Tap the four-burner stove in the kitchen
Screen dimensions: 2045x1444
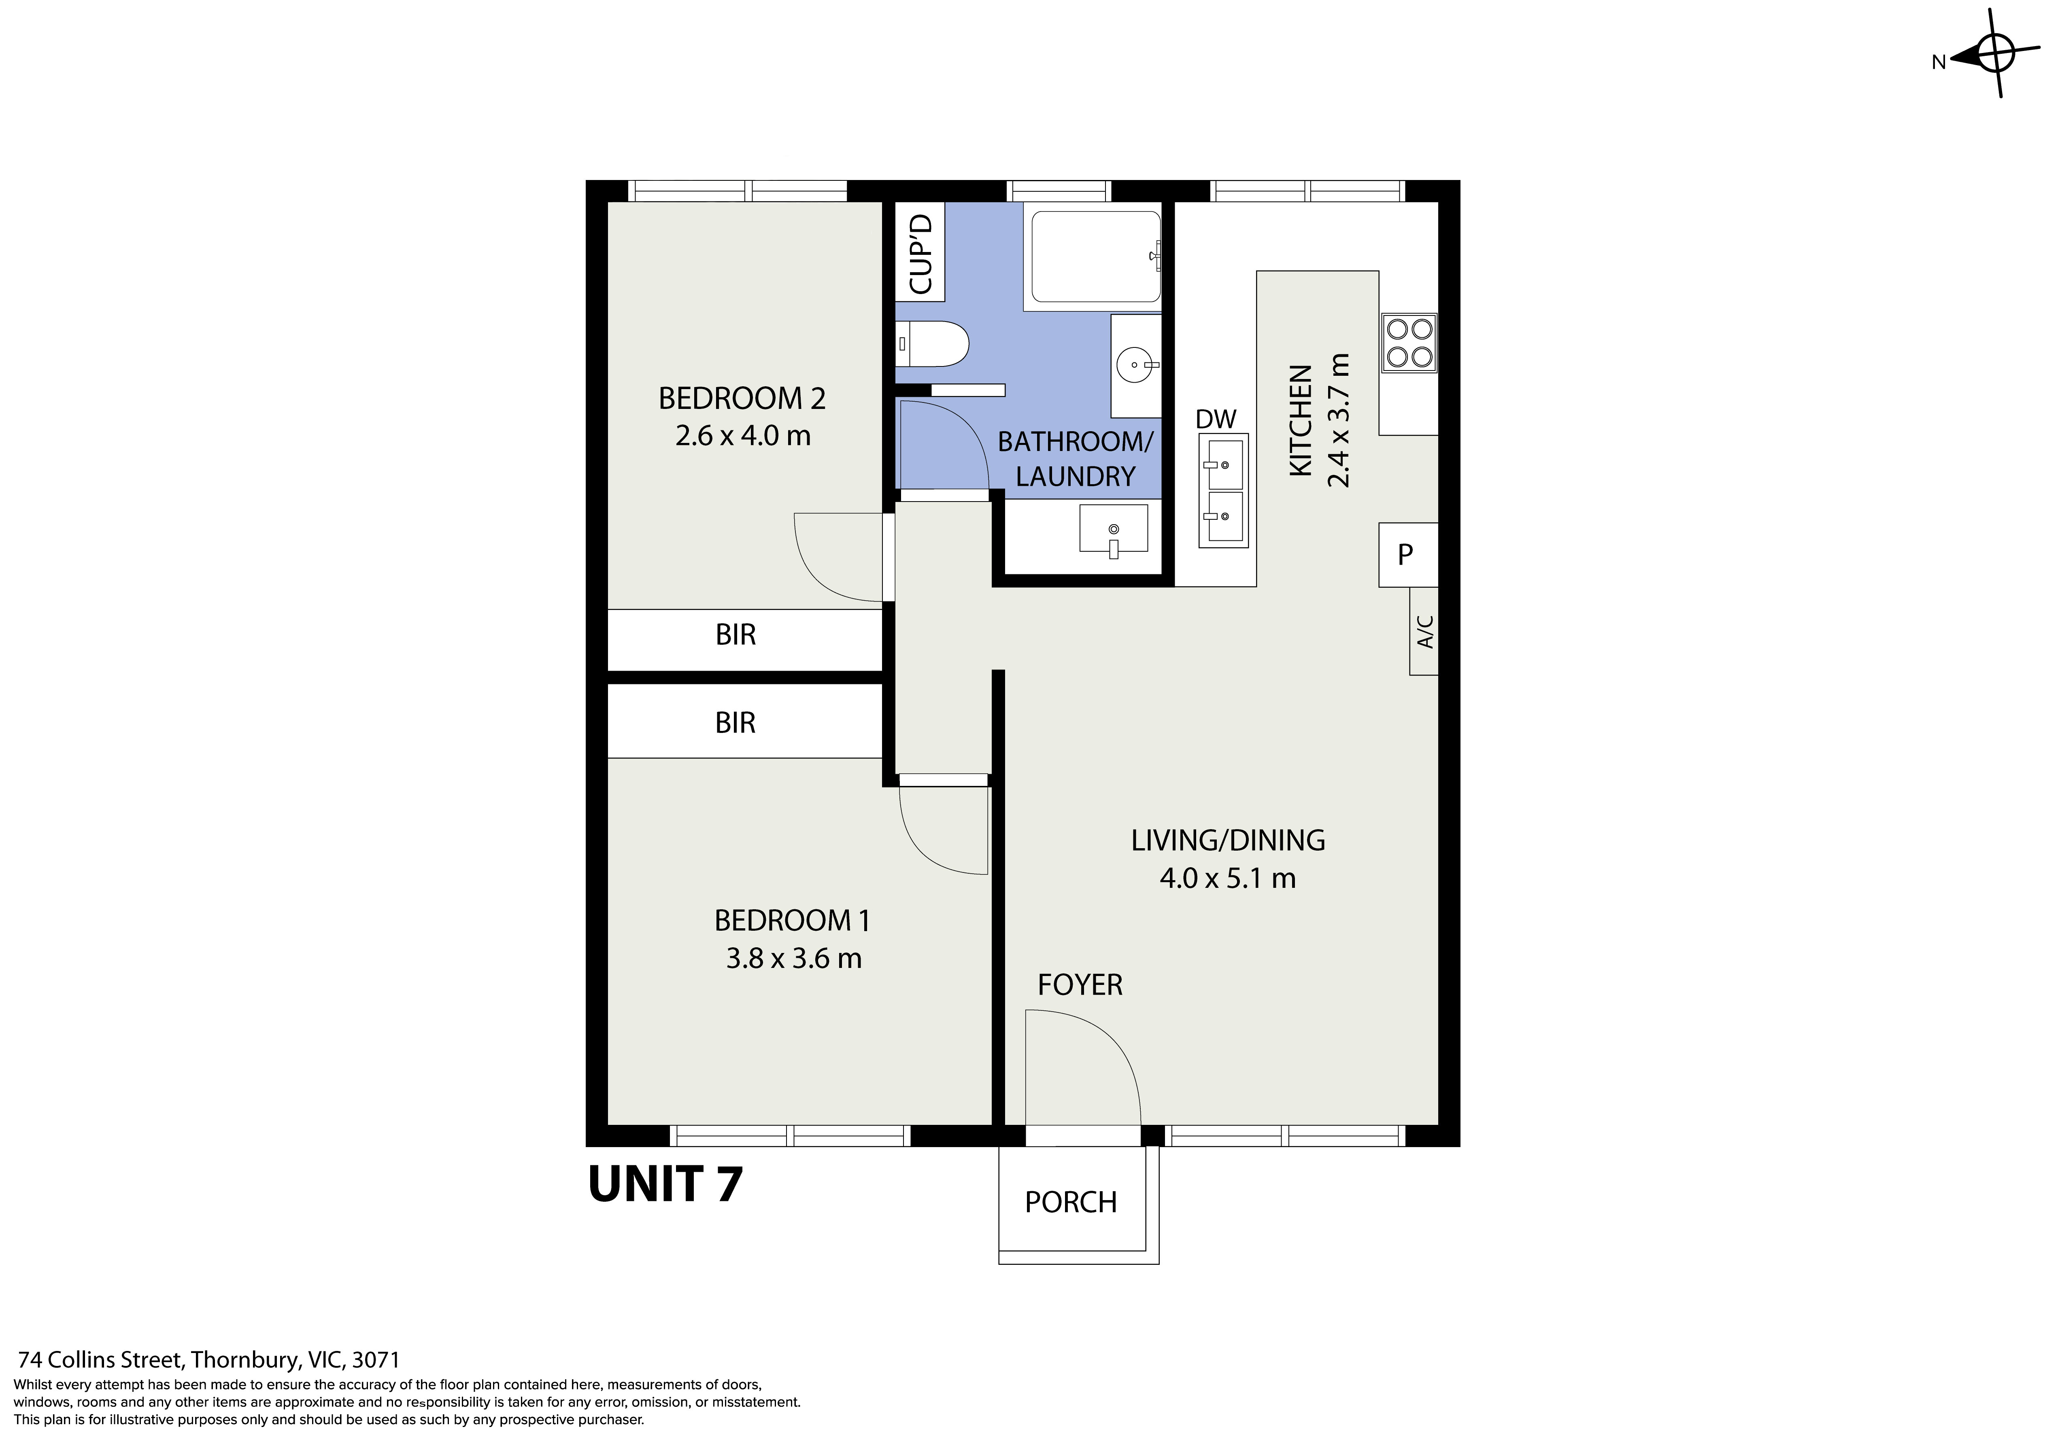click(1409, 343)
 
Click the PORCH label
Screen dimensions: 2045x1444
click(1071, 1203)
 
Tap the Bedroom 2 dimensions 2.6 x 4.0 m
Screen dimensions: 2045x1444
click(743, 436)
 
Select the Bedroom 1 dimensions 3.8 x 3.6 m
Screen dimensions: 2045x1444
click(794, 959)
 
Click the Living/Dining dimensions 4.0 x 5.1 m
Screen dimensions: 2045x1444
click(1227, 879)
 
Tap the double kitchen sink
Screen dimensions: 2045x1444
click(1223, 491)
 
